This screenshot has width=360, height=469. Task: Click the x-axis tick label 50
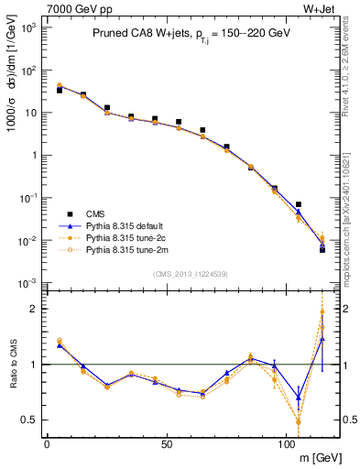pos(166,445)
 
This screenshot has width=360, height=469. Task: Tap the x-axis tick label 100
pos(286,445)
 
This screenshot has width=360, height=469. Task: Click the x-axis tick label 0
pos(47,445)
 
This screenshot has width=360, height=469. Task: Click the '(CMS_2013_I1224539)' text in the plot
pos(191,272)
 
